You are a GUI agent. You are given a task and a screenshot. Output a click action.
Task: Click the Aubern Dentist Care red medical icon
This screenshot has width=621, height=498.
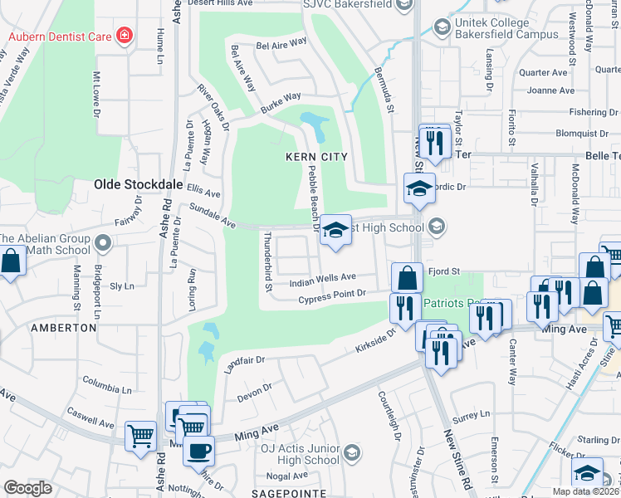[125, 36]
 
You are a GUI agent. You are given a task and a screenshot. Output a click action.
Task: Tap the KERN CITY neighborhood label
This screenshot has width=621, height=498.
[315, 157]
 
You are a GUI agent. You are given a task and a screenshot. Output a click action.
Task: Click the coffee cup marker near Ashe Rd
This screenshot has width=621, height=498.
[198, 451]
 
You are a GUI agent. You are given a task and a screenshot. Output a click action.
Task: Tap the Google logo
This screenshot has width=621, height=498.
[27, 488]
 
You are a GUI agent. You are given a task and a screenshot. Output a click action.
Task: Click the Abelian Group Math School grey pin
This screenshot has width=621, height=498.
[102, 243]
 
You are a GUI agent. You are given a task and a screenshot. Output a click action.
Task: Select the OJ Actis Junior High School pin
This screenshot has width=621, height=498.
[352, 452]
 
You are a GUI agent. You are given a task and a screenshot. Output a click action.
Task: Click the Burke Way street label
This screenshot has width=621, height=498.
[280, 105]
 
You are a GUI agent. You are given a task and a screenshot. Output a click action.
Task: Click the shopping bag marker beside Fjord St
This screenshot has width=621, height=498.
[407, 276]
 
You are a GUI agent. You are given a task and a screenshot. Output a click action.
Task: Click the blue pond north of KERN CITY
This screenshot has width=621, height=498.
[315, 124]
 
